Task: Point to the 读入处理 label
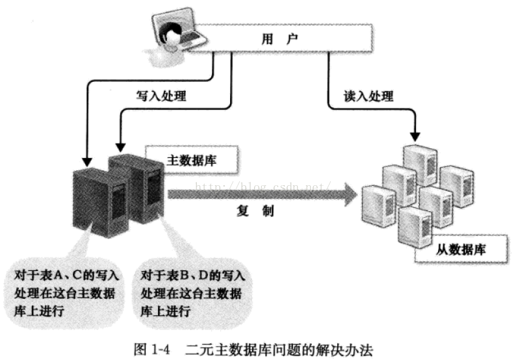[x=368, y=96]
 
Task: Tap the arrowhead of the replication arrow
[x=348, y=193]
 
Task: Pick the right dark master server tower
[x=140, y=188]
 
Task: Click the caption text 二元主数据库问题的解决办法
[x=279, y=349]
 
